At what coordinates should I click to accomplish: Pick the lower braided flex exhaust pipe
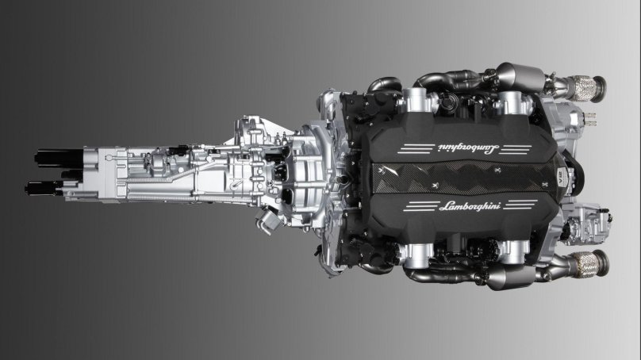(585, 264)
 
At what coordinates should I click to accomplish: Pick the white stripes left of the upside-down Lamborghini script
(416, 148)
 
